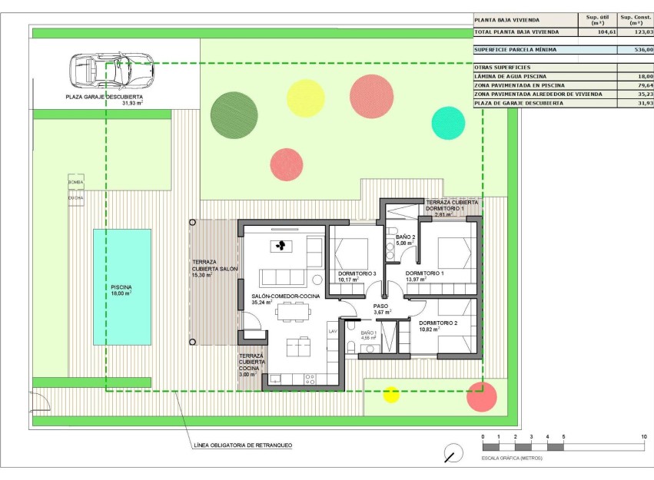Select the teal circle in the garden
click(x=448, y=122)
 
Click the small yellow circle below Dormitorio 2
click(x=391, y=395)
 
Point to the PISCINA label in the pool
click(x=121, y=288)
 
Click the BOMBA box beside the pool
click(x=75, y=182)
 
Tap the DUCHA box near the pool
click(x=75, y=197)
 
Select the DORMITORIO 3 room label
click(x=357, y=274)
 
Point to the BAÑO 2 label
click(x=406, y=237)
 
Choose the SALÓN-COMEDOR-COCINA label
click(x=285, y=296)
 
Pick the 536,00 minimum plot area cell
click(x=636, y=49)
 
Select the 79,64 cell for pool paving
click(x=636, y=85)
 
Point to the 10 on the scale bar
click(x=643, y=437)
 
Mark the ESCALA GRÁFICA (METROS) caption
click(x=513, y=458)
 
